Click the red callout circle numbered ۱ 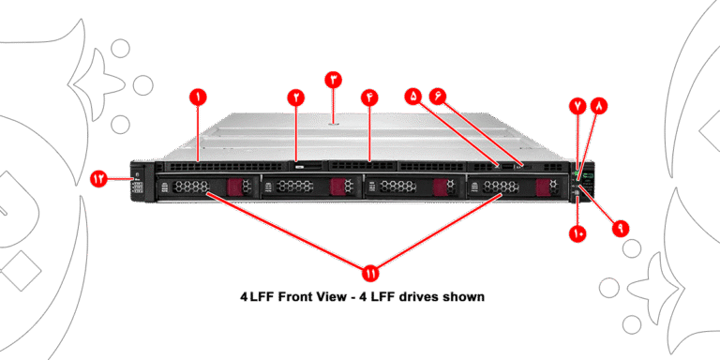pos(198,97)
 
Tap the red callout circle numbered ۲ pos(296,97)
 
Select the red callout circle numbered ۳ pos(334,80)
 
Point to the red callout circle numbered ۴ pos(369,97)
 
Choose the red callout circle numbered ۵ pos(413,97)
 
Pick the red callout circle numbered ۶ pos(438,97)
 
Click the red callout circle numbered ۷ pos(577,106)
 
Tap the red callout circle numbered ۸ pos(599,106)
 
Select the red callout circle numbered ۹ pos(621,228)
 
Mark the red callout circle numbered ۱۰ pos(578,233)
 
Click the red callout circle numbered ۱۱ pos(369,273)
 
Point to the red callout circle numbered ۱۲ pos(98,178)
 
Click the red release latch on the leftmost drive pos(233,186)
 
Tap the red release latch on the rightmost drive pos(542,186)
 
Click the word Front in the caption pos(294,296)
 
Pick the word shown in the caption pos(463,296)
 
